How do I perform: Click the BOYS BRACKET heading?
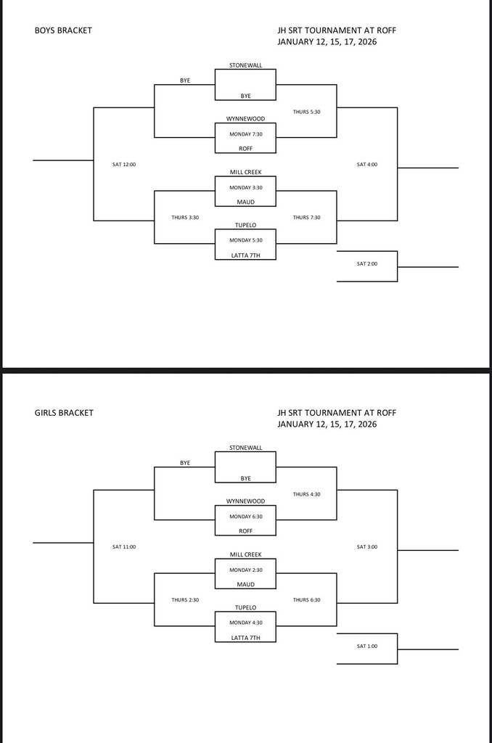point(63,30)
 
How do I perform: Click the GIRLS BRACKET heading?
point(64,413)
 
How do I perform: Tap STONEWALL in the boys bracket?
point(245,65)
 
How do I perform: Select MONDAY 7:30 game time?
point(245,134)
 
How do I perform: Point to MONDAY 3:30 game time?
point(245,187)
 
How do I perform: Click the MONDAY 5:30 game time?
point(245,240)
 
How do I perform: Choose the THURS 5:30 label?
point(306,112)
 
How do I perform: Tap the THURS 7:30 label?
point(306,217)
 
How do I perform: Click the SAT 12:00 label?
point(124,164)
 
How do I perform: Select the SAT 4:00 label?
point(367,164)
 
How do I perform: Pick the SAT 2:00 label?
point(367,263)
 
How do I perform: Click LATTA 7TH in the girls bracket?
point(245,638)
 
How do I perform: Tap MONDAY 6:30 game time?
point(245,517)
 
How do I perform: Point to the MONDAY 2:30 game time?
point(245,570)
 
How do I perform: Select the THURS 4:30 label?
point(306,494)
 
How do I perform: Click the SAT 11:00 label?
point(124,546)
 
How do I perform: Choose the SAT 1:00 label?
point(367,646)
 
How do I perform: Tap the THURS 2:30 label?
point(185,599)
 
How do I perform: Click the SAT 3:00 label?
point(367,546)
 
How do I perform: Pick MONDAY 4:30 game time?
point(245,623)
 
